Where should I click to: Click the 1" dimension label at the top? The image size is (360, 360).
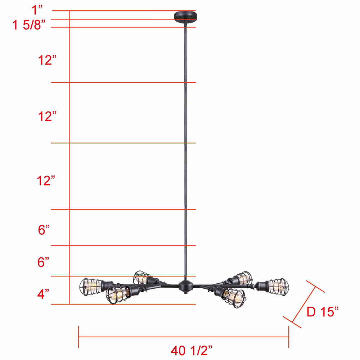tap(37, 10)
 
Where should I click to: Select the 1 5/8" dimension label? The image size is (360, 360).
tap(29, 25)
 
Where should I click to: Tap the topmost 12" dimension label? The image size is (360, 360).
tap(47, 60)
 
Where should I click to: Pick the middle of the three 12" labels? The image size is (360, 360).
tap(47, 116)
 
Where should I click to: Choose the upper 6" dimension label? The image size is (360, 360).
tap(44, 230)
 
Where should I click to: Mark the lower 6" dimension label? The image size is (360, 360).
tap(43, 262)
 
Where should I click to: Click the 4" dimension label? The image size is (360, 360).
tap(43, 294)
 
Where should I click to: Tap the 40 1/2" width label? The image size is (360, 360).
tap(192, 350)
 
